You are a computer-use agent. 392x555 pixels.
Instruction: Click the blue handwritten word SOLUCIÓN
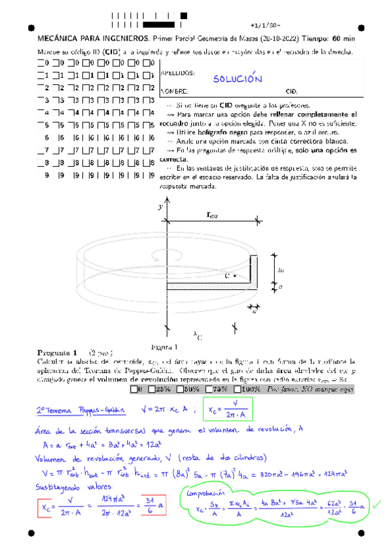coord(238,79)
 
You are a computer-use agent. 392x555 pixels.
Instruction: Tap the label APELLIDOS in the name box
coord(177,73)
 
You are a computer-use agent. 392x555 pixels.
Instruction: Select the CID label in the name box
coord(292,91)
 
